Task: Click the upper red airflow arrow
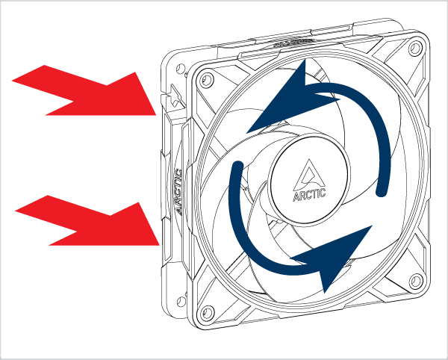pos(84,90)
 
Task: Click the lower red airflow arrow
pos(87,220)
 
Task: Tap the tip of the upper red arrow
pos(156,115)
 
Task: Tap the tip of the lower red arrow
pos(159,245)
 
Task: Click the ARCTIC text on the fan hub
pos(309,195)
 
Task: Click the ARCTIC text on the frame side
pos(178,191)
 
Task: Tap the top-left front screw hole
pos(207,78)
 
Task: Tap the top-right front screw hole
pos(416,48)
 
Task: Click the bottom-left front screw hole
pos(208,312)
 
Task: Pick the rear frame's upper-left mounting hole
pos(181,69)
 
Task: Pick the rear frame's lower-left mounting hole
pos(181,302)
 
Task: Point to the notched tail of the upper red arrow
pos(73,101)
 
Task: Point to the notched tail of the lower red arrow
pos(76,231)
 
